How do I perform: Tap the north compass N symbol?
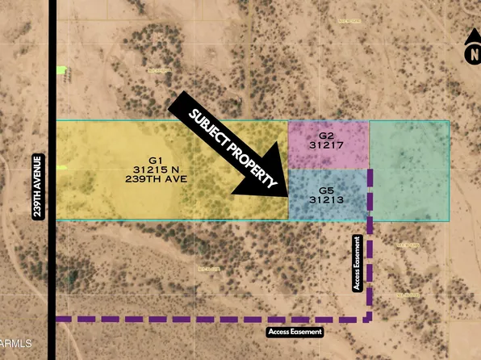[x=473, y=55]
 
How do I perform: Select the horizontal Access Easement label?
[x=295, y=332]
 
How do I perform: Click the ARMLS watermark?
[x=16, y=345]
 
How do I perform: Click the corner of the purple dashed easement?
[x=370, y=319]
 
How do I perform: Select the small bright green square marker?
[x=61, y=70]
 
